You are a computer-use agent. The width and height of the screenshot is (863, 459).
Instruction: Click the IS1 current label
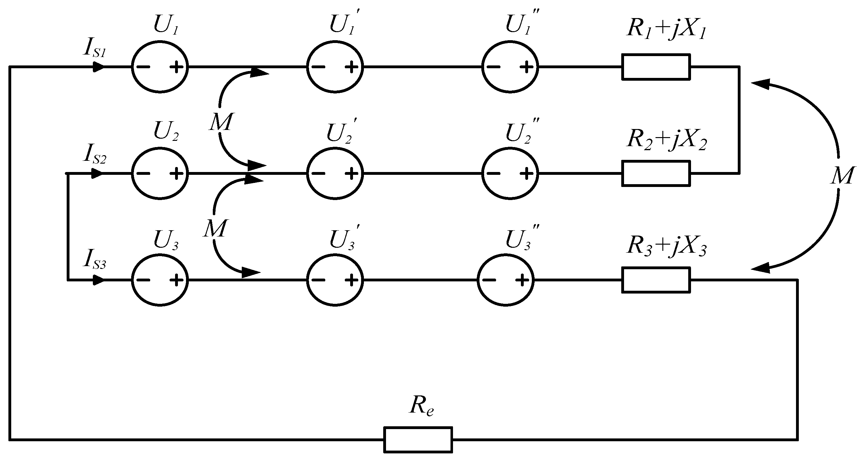point(95,49)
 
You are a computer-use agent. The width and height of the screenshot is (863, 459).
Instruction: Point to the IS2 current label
point(95,155)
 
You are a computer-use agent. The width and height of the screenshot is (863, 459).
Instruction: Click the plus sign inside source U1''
point(526,67)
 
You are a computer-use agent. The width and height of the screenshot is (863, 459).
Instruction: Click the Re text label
point(421,406)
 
